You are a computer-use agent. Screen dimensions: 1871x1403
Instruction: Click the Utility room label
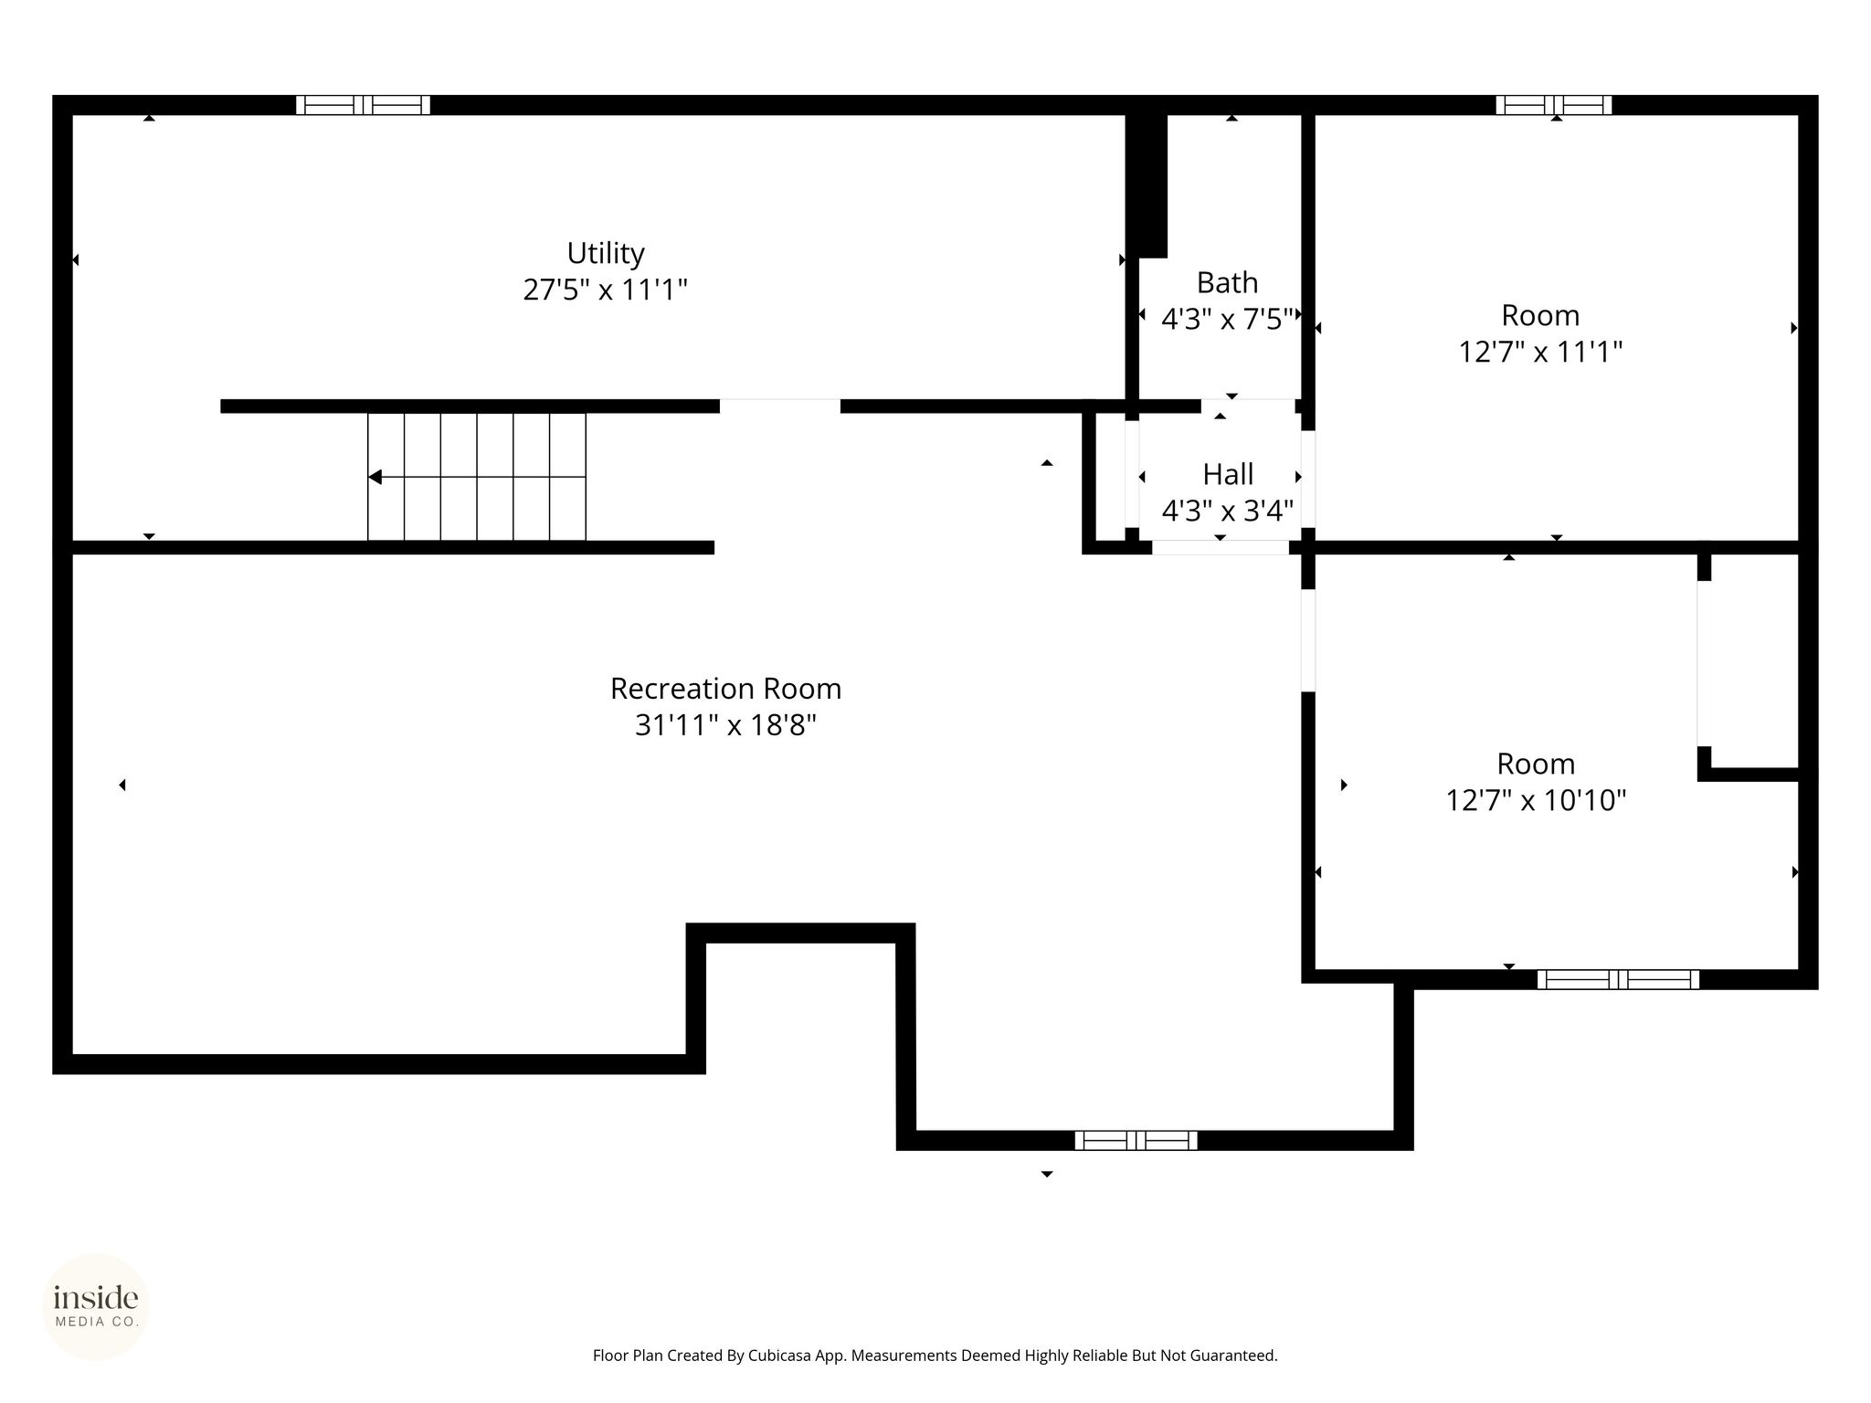(x=605, y=253)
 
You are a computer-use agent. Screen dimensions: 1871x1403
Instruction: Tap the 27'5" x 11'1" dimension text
(x=605, y=290)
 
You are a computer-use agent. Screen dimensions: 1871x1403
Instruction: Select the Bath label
(x=1227, y=283)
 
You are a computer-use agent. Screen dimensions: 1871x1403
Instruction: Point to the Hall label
(x=1228, y=475)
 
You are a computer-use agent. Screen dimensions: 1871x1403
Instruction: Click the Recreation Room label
(x=725, y=689)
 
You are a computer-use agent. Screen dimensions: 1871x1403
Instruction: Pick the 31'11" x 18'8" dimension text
(x=725, y=725)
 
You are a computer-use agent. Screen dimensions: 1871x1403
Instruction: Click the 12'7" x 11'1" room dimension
(x=1540, y=353)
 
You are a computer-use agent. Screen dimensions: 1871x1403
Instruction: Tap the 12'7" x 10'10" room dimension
(x=1536, y=801)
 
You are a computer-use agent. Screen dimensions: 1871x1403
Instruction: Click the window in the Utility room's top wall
(x=363, y=105)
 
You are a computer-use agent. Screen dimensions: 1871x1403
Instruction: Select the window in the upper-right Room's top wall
(x=1553, y=105)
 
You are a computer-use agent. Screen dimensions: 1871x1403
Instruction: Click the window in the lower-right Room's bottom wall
(x=1618, y=980)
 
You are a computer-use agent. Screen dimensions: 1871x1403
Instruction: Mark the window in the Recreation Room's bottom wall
(x=1136, y=1140)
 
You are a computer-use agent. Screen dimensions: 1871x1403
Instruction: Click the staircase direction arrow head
(x=375, y=477)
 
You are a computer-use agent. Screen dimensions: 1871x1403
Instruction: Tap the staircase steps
(x=477, y=477)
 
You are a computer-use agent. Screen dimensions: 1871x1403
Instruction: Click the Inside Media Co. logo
(x=96, y=1307)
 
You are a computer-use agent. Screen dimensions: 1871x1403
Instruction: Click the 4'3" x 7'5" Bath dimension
(x=1227, y=320)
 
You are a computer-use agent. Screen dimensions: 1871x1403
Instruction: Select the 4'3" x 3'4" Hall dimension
(x=1227, y=511)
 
